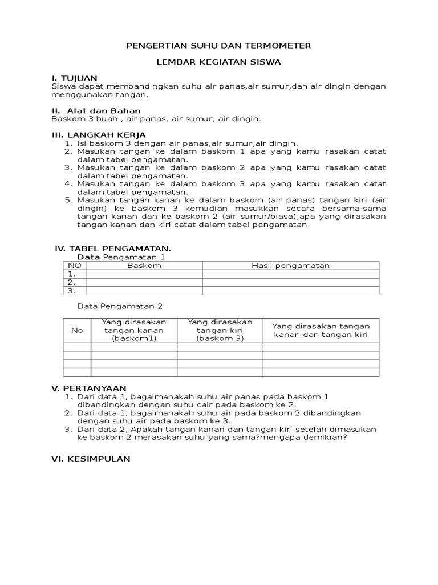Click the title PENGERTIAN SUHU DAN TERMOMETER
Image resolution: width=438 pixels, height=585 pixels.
pos(218,46)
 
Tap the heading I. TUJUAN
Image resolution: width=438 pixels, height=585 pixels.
pos(74,78)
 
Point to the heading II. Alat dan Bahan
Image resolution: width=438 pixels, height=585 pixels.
pos(96,110)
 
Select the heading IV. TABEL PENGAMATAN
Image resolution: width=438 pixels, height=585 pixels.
pos(112,249)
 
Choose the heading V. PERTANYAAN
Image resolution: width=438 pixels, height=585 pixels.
pos(88,388)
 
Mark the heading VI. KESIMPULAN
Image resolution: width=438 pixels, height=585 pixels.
pos(91,459)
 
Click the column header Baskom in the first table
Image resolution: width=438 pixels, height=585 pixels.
pos(144,266)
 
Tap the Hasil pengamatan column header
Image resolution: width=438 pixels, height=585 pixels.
pos(291,266)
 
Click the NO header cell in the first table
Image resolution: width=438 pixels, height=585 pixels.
pos(74,266)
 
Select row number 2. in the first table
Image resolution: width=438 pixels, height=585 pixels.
pos(72,282)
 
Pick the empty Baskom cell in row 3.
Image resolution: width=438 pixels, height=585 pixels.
pos(144,291)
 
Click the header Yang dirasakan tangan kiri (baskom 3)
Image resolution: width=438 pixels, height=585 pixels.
pos(220,330)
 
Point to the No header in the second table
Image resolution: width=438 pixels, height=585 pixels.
pos(77,330)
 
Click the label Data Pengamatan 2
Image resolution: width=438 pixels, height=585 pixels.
pos(120,307)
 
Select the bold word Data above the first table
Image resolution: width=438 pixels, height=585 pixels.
pos(88,258)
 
